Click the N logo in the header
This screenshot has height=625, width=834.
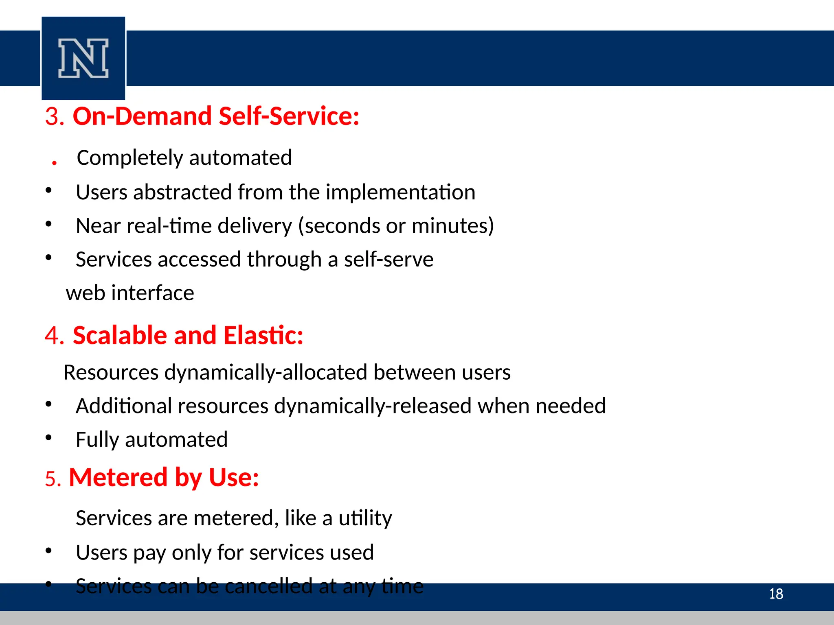point(83,58)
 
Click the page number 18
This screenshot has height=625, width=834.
point(776,594)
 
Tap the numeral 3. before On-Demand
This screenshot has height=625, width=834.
point(55,117)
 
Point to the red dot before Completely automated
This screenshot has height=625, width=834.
point(54,163)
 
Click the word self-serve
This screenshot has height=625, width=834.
point(388,260)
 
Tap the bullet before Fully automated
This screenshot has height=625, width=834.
point(49,438)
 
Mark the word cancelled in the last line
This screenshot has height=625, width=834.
point(268,586)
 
